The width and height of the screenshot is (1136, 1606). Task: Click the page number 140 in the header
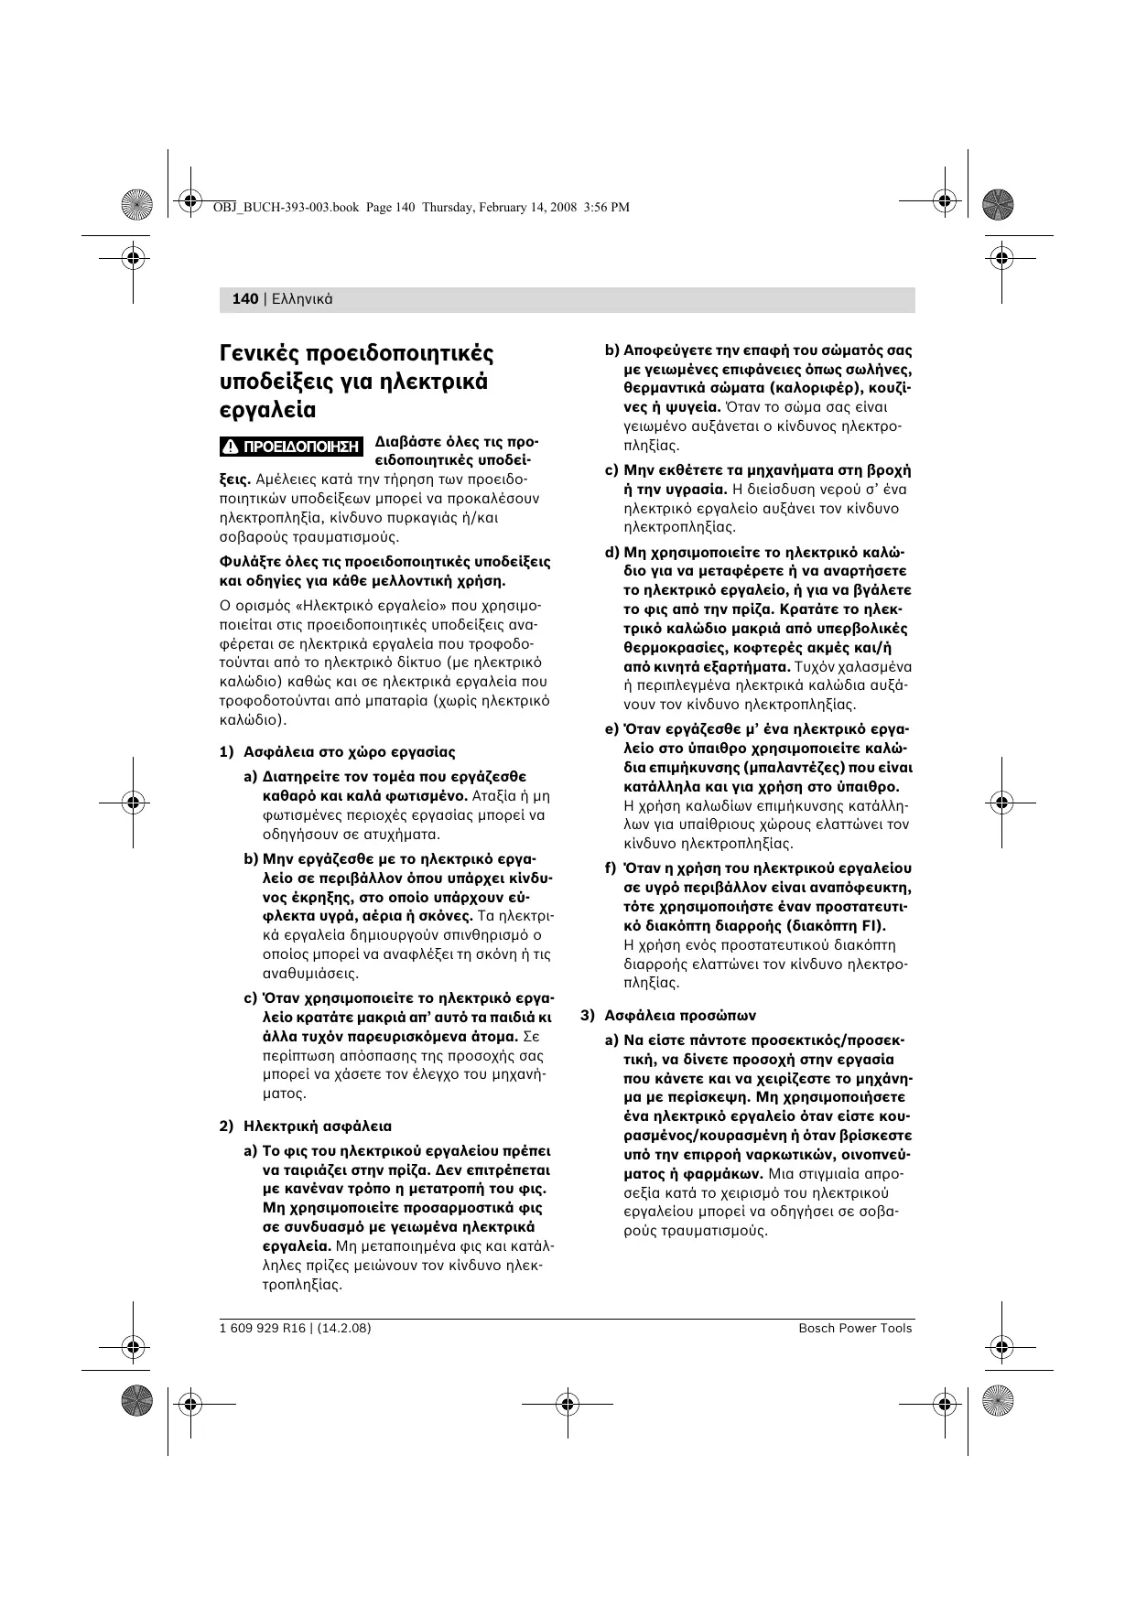[245, 299]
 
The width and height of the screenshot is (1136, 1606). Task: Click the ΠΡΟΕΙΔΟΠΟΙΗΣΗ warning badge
[292, 447]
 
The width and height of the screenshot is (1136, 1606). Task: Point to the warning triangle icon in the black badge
[233, 447]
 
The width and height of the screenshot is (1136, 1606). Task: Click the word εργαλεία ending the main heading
[267, 410]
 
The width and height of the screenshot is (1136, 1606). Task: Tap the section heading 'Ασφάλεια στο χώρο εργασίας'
[349, 752]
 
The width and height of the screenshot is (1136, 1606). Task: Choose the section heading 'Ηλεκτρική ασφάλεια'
[317, 1126]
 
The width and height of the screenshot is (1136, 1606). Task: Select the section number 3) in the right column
[588, 1015]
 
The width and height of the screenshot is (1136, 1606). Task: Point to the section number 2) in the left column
[227, 1126]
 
